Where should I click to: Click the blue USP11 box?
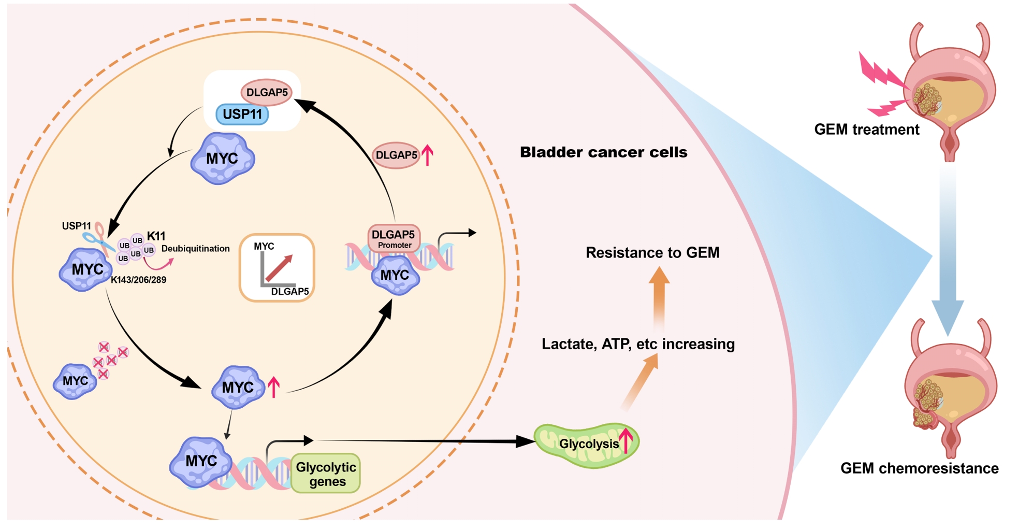pos(242,114)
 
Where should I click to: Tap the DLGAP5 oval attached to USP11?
pos(267,92)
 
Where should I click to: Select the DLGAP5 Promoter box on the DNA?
pos(394,238)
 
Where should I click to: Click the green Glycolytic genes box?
pos(326,474)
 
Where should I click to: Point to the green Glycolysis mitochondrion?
pos(587,445)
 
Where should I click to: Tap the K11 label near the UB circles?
pos(156,236)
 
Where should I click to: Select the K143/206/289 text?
pos(138,280)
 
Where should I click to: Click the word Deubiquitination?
pos(195,249)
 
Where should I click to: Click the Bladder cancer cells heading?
pos(603,152)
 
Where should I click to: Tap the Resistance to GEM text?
pos(652,253)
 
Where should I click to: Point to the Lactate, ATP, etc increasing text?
pos(638,344)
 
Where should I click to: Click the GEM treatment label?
pos(866,130)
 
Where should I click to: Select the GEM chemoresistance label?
pos(919,468)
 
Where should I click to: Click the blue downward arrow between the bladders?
pos(948,259)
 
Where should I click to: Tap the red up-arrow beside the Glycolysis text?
pos(627,440)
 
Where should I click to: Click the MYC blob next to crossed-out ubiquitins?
pos(75,381)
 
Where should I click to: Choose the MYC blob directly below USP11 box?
pos(222,159)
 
